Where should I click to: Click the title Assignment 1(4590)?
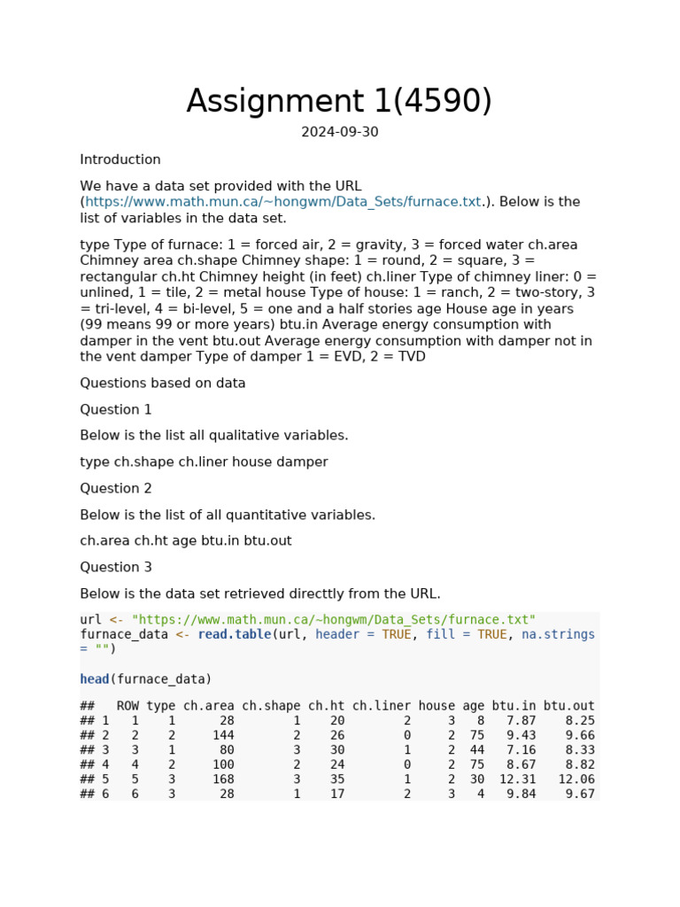339,102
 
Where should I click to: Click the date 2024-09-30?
339,133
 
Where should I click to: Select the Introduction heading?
120,160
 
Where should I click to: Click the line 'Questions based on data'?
163,384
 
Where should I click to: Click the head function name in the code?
94,679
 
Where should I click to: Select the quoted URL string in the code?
334,620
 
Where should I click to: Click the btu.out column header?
568,706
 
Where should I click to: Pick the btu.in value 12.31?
517,779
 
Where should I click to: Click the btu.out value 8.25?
580,721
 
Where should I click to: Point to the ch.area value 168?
223,779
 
